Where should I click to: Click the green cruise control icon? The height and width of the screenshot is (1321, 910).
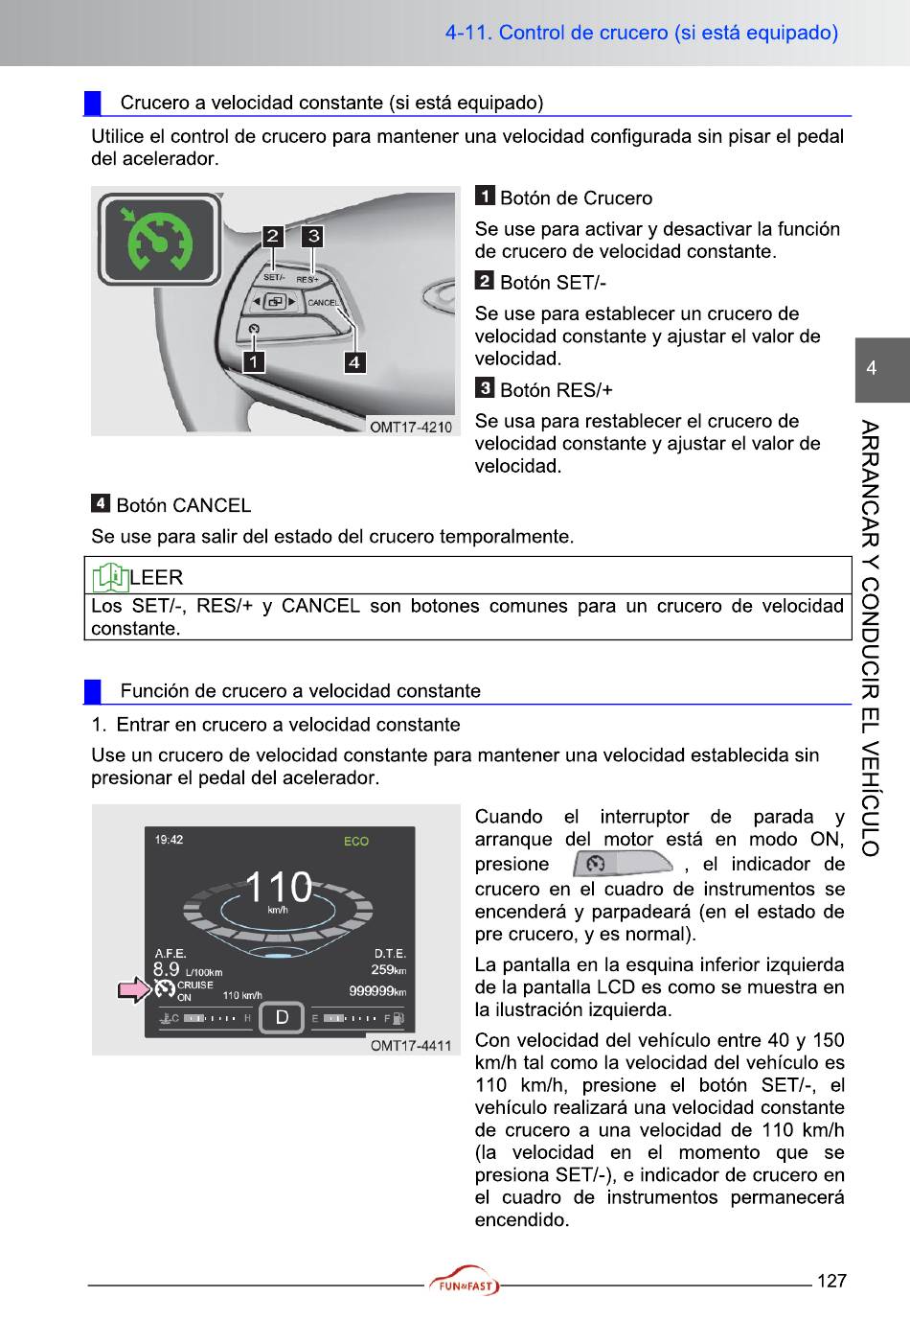tap(159, 240)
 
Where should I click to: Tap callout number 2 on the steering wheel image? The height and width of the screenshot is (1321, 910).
tap(273, 236)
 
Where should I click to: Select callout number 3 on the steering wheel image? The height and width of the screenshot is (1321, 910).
tap(313, 236)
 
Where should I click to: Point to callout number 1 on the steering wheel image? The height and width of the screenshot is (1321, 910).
tap(253, 361)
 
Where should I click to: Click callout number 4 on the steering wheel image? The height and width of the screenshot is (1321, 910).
tap(354, 361)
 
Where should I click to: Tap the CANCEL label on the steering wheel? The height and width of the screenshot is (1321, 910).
tap(323, 303)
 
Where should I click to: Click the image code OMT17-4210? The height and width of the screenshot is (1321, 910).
tap(411, 427)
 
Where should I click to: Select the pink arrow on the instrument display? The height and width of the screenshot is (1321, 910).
tap(134, 989)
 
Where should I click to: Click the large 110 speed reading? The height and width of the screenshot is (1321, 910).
tap(278, 887)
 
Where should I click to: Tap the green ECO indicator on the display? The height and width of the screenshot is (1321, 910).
tap(356, 841)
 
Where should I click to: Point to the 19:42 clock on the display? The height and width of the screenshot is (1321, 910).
tap(169, 840)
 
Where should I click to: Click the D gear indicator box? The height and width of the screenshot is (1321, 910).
tap(282, 1017)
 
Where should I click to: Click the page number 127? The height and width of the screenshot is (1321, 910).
tap(831, 1281)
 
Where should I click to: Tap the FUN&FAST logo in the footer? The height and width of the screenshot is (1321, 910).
tap(465, 1282)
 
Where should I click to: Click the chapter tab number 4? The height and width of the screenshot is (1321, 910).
tap(871, 368)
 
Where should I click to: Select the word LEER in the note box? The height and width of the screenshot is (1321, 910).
tap(156, 577)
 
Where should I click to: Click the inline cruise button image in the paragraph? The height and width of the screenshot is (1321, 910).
tap(623, 864)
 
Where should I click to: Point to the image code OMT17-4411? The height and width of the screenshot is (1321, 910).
tap(410, 1045)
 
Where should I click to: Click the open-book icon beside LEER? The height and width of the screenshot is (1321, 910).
tap(109, 577)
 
